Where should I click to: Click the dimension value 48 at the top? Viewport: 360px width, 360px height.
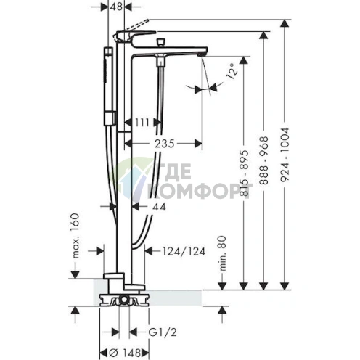[x=115, y=7]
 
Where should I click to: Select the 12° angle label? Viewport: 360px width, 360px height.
[x=231, y=72]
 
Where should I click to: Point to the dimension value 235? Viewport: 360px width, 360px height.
[x=166, y=144]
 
